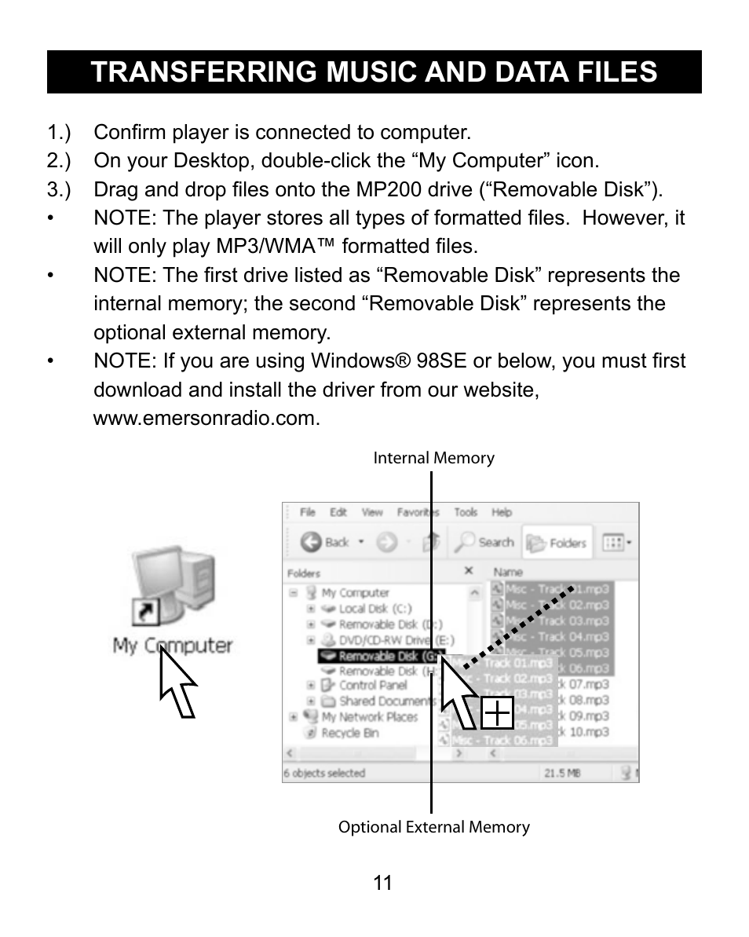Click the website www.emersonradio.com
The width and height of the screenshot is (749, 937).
point(206,419)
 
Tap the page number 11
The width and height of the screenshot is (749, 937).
point(382,883)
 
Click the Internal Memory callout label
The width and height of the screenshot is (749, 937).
point(433,459)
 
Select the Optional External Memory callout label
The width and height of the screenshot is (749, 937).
point(433,827)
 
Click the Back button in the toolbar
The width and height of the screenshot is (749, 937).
point(326,542)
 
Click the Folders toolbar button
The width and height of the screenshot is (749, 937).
point(558,543)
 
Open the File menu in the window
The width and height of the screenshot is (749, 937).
point(308,512)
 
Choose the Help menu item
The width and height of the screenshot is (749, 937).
point(502,512)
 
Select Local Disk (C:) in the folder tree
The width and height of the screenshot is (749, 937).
point(374,609)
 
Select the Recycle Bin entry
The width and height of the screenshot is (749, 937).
point(349,733)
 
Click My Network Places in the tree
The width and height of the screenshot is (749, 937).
point(369,717)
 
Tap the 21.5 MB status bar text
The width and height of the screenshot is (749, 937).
point(562,773)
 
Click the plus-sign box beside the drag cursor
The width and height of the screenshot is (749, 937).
point(497,713)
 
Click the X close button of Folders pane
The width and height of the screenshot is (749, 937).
point(469,571)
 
